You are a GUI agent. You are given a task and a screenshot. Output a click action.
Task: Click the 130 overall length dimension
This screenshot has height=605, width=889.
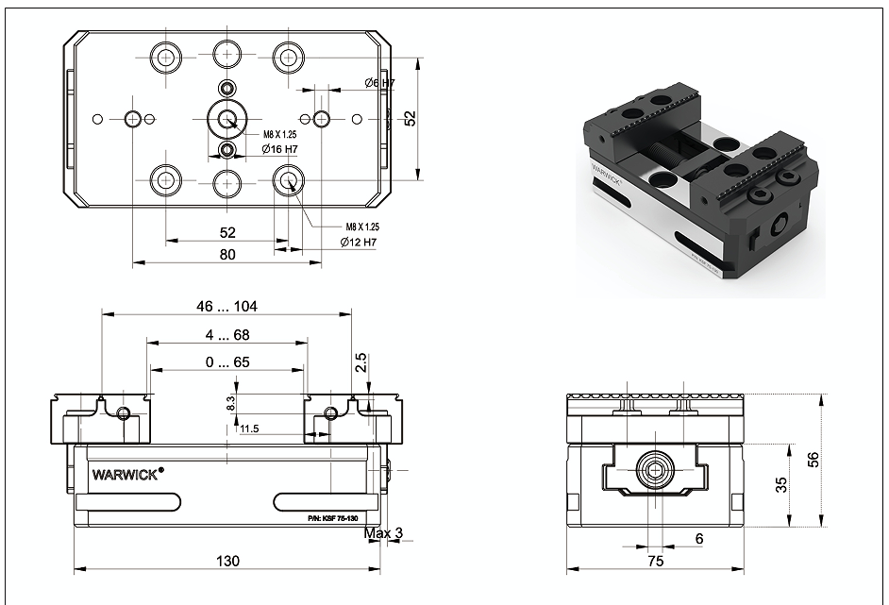click(227, 561)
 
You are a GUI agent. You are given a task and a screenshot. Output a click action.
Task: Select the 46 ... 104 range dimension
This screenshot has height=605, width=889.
click(227, 306)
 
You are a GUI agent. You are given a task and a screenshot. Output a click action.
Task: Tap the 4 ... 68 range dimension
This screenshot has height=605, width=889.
click(227, 334)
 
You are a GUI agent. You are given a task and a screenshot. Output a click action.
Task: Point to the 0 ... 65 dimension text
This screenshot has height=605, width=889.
click(227, 361)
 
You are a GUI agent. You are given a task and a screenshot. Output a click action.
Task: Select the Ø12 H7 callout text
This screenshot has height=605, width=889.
click(358, 243)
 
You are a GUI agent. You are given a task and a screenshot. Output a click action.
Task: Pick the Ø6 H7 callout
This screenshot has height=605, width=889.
click(379, 83)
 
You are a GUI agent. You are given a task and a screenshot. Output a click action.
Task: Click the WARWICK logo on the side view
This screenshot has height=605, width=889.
click(127, 469)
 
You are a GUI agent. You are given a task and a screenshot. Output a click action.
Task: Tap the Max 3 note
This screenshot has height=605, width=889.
click(383, 534)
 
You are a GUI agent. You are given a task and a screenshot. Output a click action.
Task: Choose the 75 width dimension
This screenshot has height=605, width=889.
click(656, 561)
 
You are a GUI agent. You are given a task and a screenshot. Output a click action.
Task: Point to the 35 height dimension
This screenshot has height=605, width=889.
click(781, 485)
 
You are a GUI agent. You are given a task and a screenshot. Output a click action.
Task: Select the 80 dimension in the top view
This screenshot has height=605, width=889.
click(227, 254)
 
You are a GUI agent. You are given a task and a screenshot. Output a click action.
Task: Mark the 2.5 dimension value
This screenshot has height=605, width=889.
click(361, 364)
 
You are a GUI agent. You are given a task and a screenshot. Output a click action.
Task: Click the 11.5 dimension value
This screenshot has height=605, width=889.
click(249, 429)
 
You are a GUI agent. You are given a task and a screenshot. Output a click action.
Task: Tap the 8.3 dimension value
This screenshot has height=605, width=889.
click(229, 403)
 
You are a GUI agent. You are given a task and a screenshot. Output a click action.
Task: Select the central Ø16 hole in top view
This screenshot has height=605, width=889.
click(226, 118)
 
